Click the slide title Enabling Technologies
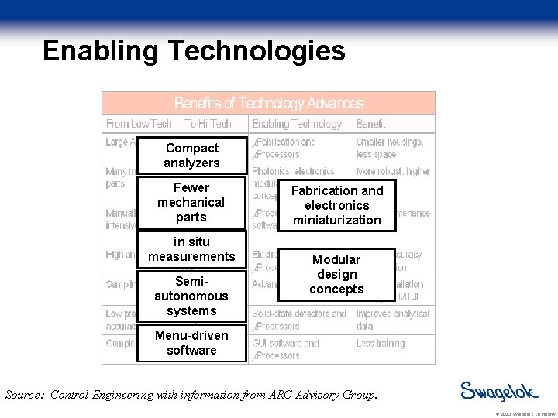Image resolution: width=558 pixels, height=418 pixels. tap(194, 51)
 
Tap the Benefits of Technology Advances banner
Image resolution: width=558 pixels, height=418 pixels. tap(268, 103)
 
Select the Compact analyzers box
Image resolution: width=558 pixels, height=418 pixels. tap(191, 156)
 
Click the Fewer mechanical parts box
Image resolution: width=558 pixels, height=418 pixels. tap(191, 202)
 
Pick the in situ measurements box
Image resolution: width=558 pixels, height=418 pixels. tap(191, 249)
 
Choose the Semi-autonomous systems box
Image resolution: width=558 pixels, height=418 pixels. tap(191, 296)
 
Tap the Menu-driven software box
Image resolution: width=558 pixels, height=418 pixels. tap(191, 343)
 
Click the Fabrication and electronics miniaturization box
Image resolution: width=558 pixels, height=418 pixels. tap(336, 205)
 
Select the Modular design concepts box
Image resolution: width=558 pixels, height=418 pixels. tap(336, 275)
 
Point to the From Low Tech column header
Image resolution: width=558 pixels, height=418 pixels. tap(139, 124)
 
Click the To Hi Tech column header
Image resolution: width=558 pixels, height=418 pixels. tap(208, 124)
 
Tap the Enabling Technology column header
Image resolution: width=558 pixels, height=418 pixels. tap(297, 124)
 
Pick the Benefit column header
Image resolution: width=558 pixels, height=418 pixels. tap(371, 124)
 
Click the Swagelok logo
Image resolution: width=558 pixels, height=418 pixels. tap(499, 391)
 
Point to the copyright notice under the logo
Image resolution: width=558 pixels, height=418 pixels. tap(512, 413)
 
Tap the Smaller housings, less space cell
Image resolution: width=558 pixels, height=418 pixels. tap(390, 148)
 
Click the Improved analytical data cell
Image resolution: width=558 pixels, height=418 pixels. tap(392, 320)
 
